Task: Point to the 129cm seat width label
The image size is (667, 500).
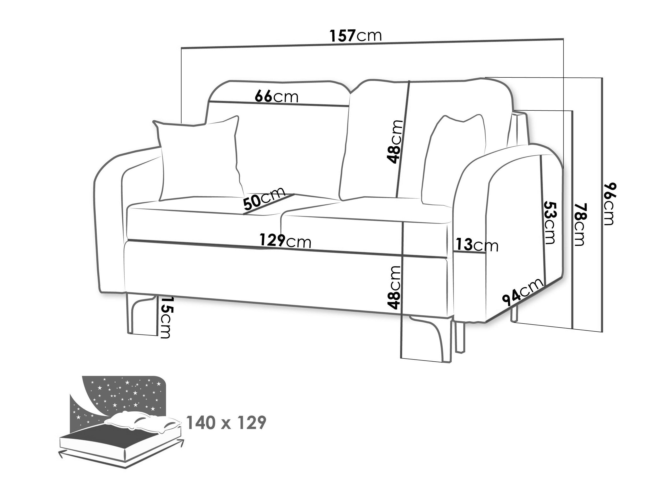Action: point(285,241)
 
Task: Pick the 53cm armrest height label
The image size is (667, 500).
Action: point(549,223)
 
